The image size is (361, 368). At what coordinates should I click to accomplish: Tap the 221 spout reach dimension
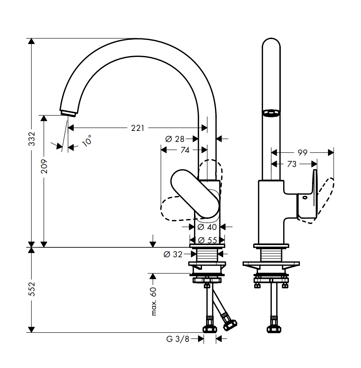point(138,128)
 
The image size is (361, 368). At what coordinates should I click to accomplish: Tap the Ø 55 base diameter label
point(207,240)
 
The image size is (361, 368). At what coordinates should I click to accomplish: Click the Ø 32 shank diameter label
point(173,254)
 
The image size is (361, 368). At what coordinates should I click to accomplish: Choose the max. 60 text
point(154,301)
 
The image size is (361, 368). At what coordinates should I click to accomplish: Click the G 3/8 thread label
point(177,339)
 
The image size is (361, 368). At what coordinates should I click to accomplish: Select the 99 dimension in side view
point(302,153)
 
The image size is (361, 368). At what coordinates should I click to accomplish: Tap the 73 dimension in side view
point(292,164)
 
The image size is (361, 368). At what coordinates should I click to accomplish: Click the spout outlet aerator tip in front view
point(69,113)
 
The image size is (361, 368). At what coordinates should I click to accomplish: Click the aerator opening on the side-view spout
point(271,113)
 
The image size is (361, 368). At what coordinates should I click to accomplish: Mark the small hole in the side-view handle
point(305,197)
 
